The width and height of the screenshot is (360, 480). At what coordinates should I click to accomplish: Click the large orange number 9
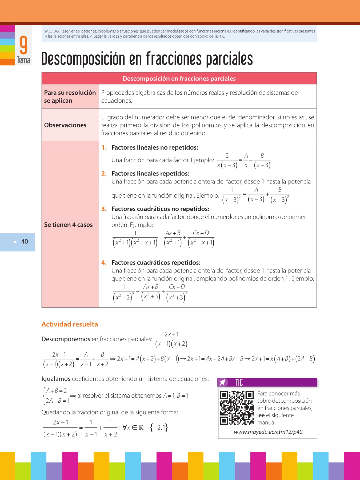tap(23, 45)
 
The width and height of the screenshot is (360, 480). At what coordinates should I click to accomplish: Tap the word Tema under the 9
tap(23, 60)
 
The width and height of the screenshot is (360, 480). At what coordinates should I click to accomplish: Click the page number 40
tap(25, 242)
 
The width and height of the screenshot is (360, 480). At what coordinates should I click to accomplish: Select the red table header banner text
tap(179, 79)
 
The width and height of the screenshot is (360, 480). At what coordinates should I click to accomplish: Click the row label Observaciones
tap(65, 125)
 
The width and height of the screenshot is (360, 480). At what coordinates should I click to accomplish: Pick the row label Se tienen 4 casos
tap(68, 225)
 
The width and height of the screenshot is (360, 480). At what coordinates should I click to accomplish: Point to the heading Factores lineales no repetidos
tap(155, 147)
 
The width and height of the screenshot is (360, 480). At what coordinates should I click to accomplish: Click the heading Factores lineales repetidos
tap(150, 174)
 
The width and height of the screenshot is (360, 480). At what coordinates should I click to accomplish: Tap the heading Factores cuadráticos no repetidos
tap(160, 209)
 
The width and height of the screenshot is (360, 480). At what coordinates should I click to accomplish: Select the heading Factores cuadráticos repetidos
tap(156, 263)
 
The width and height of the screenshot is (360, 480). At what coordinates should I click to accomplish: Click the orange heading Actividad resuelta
tap(70, 324)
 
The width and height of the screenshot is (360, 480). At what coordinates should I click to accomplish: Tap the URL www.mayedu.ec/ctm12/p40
tap(268, 432)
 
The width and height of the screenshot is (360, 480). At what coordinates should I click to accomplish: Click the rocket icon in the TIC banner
tap(223, 382)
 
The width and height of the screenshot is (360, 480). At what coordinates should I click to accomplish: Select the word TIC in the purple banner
tap(239, 382)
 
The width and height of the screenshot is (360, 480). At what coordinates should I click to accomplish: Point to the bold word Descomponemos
tap(66, 339)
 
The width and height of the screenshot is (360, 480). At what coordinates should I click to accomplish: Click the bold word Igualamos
tap(56, 379)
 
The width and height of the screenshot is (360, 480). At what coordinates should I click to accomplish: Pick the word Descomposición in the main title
tap(83, 59)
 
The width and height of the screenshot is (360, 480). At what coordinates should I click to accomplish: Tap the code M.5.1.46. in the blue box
tap(52, 31)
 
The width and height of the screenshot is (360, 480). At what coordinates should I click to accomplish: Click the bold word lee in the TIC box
tap(261, 415)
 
